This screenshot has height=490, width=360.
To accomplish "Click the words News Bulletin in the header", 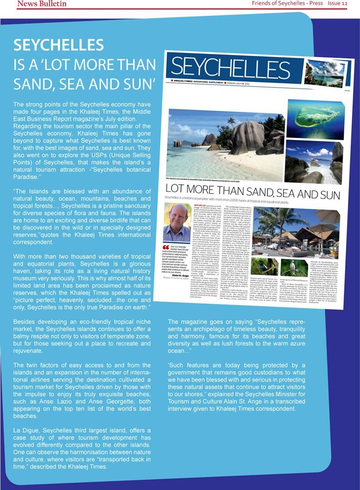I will click(42, 4).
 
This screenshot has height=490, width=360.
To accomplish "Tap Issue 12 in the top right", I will click(337, 4).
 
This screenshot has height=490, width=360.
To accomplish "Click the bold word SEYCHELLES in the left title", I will click(58, 45).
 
